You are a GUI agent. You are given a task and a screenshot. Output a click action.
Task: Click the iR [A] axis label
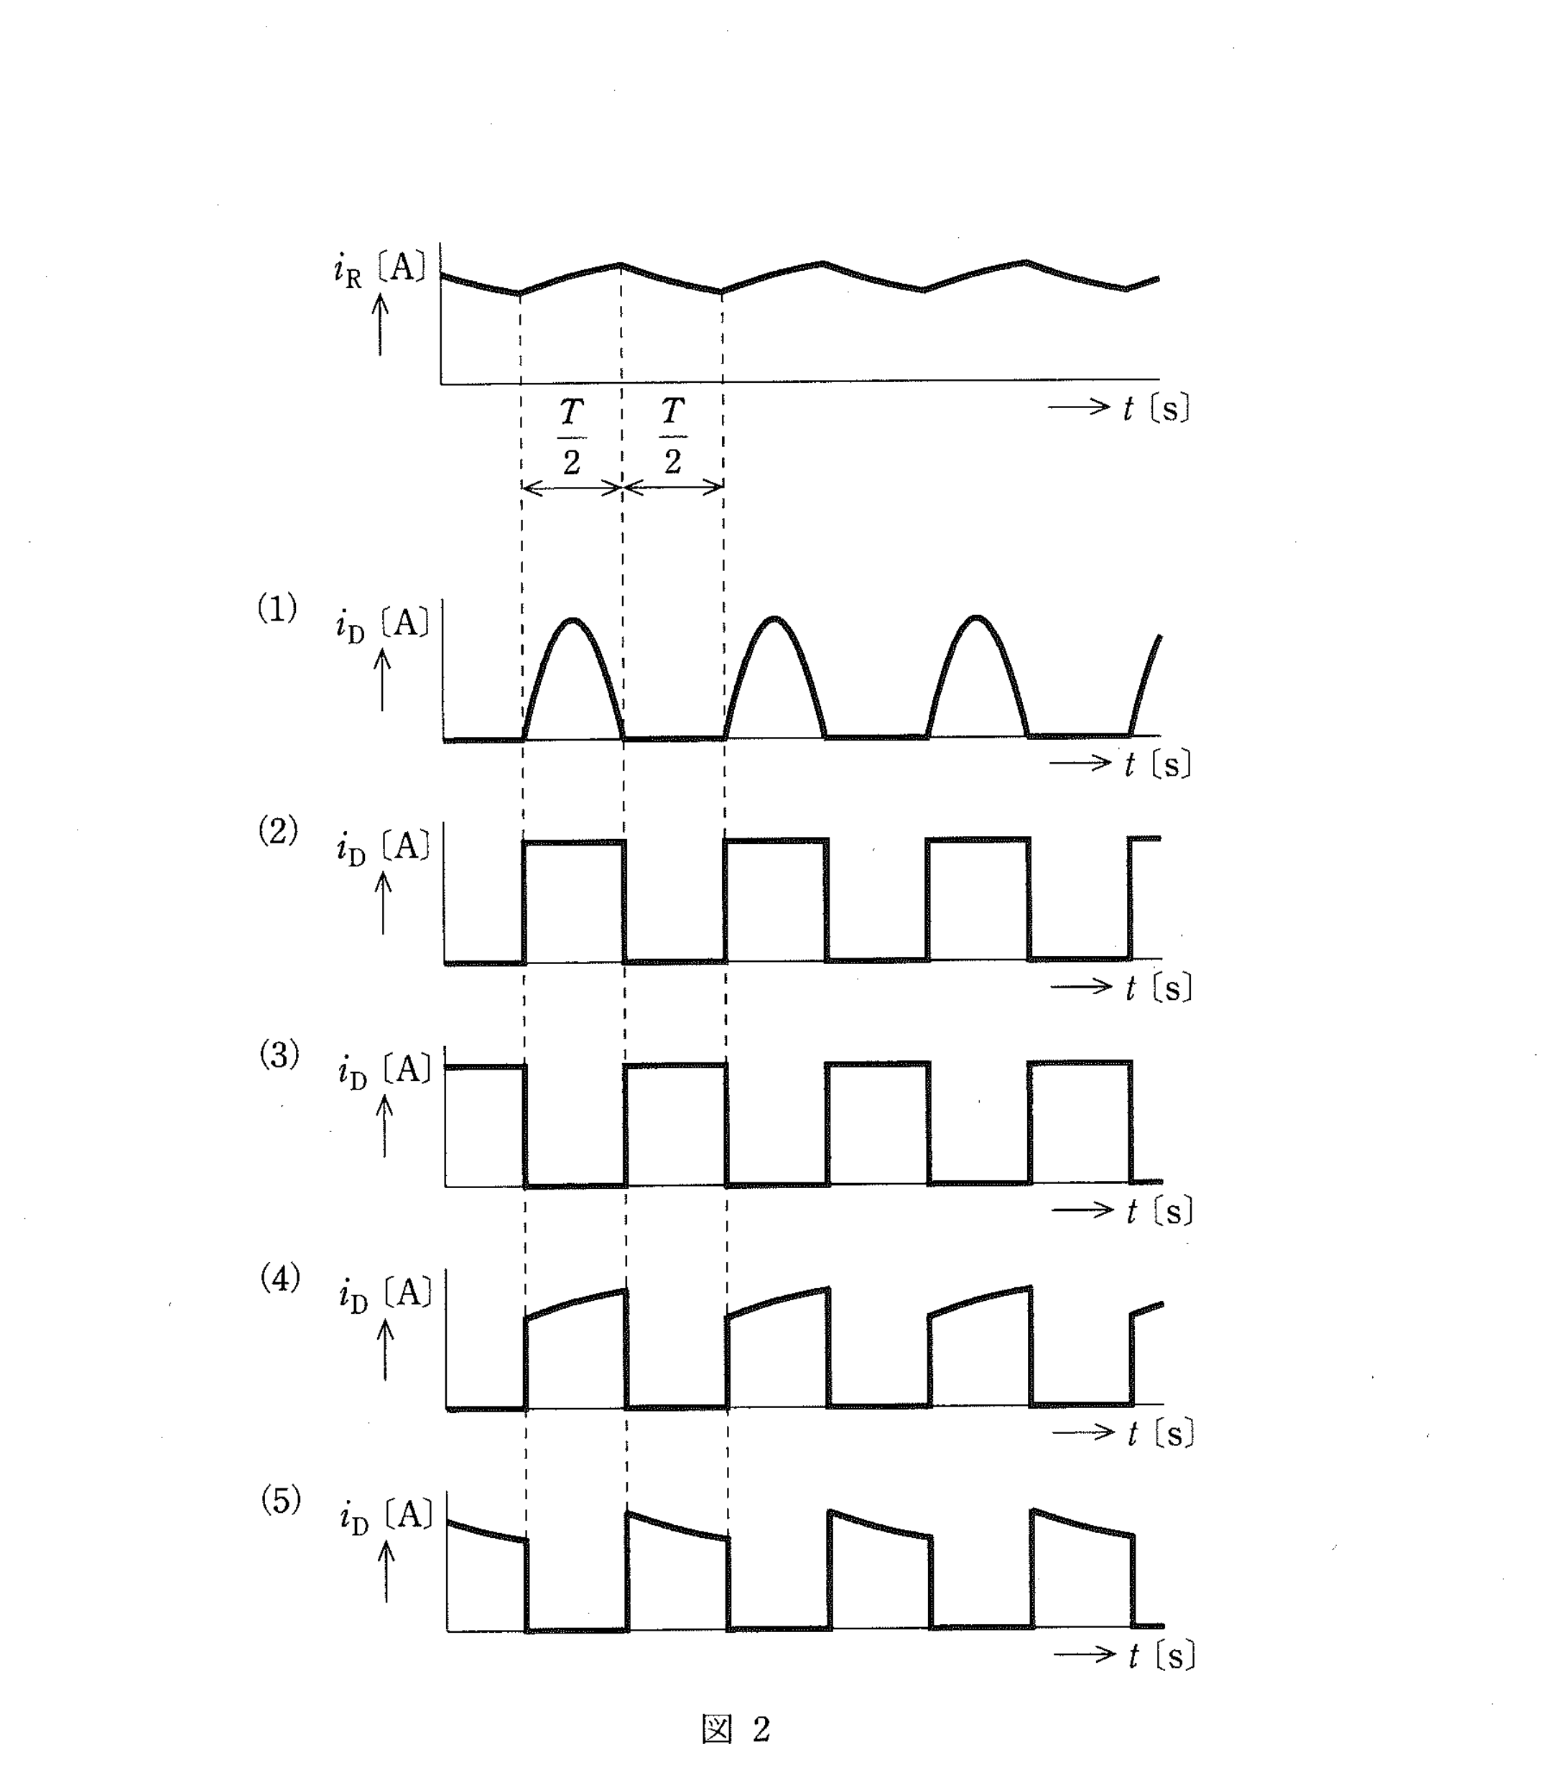380,271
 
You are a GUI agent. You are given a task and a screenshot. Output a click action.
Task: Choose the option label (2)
278,831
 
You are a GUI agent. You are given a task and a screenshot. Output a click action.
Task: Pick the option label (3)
279,1055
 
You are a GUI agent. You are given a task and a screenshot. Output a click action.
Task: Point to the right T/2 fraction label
673,437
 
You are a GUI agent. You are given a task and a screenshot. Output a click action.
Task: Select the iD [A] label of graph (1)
383,625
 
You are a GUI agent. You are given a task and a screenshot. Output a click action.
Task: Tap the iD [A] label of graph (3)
384,1072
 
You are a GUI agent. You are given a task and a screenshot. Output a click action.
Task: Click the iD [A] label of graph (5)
386,1518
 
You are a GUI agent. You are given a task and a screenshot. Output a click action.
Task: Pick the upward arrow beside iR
380,325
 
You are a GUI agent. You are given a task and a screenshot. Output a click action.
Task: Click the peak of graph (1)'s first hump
572,619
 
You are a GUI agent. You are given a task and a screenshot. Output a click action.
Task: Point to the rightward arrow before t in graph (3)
1082,1210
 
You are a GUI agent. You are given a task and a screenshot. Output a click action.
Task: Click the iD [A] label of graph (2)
384,848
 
